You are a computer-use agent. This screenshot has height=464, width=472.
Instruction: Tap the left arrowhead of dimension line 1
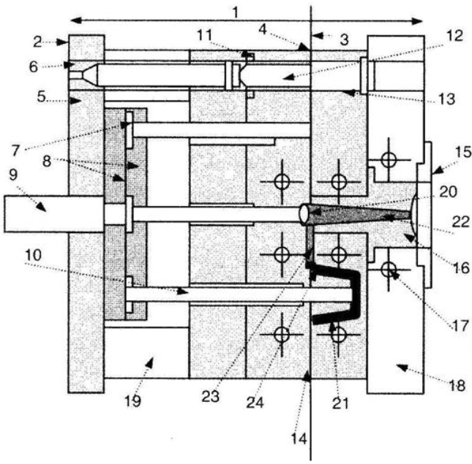click(x=73, y=20)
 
